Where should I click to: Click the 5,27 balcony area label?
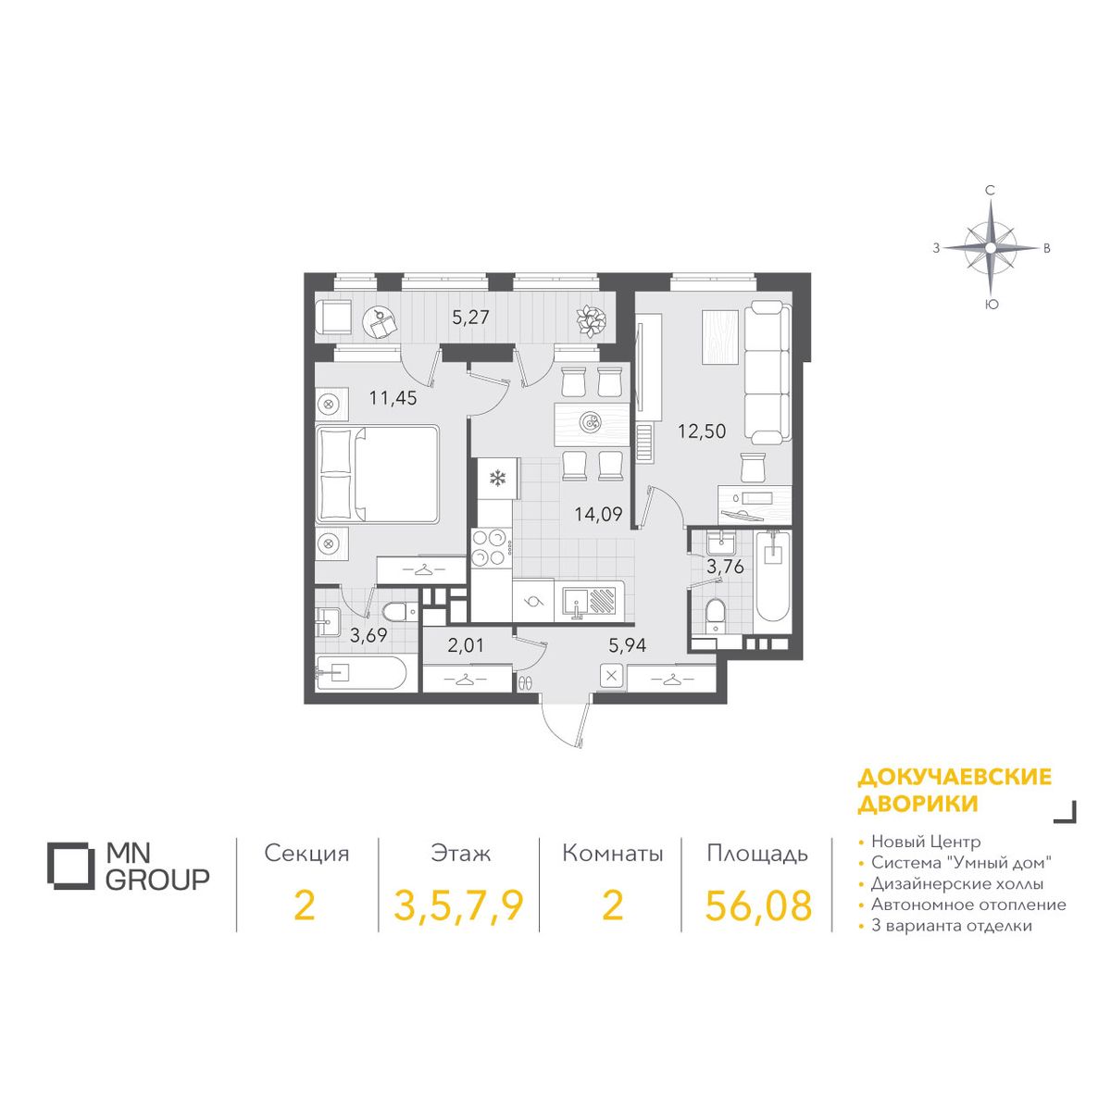(x=470, y=318)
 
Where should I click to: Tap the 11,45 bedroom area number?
(x=393, y=398)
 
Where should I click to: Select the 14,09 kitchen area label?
(x=598, y=514)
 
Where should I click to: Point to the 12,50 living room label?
(x=702, y=431)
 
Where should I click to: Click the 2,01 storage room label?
(x=466, y=645)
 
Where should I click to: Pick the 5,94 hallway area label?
(x=628, y=645)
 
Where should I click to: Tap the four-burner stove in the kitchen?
(x=488, y=548)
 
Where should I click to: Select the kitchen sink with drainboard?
(x=589, y=602)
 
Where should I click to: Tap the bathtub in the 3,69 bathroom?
(x=360, y=673)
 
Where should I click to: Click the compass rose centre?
(x=990, y=248)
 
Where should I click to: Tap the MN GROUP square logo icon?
(x=70, y=866)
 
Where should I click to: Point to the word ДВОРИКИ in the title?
(x=918, y=803)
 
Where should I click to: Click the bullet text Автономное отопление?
(x=968, y=905)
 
